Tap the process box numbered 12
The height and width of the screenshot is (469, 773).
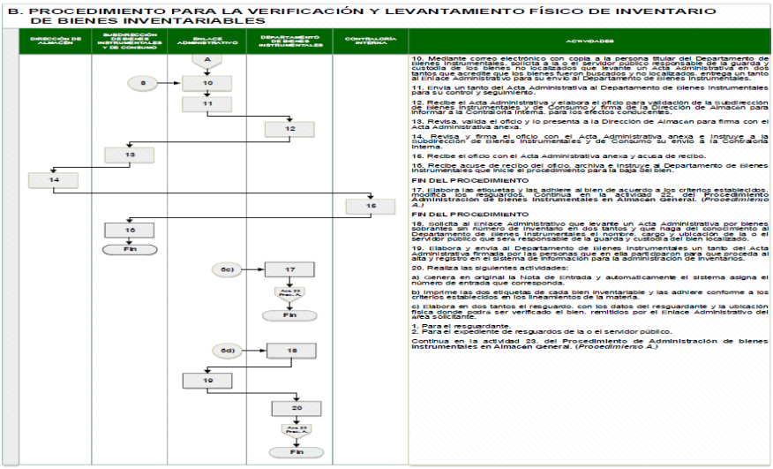pyautogui.click(x=291, y=129)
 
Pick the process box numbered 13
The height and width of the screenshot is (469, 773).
pyautogui.click(x=130, y=155)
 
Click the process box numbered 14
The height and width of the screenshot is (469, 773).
pyautogui.click(x=53, y=180)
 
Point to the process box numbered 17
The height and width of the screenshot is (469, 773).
pyautogui.click(x=291, y=269)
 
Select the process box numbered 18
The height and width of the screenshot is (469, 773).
pyautogui.click(x=291, y=351)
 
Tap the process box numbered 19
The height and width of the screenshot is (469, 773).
pyautogui.click(x=208, y=381)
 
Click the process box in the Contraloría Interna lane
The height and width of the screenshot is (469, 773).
pyautogui.click(x=371, y=205)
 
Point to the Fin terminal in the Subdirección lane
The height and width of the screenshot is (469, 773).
pyautogui.click(x=130, y=250)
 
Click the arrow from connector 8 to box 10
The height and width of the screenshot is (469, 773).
pyautogui.click(x=176, y=83)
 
